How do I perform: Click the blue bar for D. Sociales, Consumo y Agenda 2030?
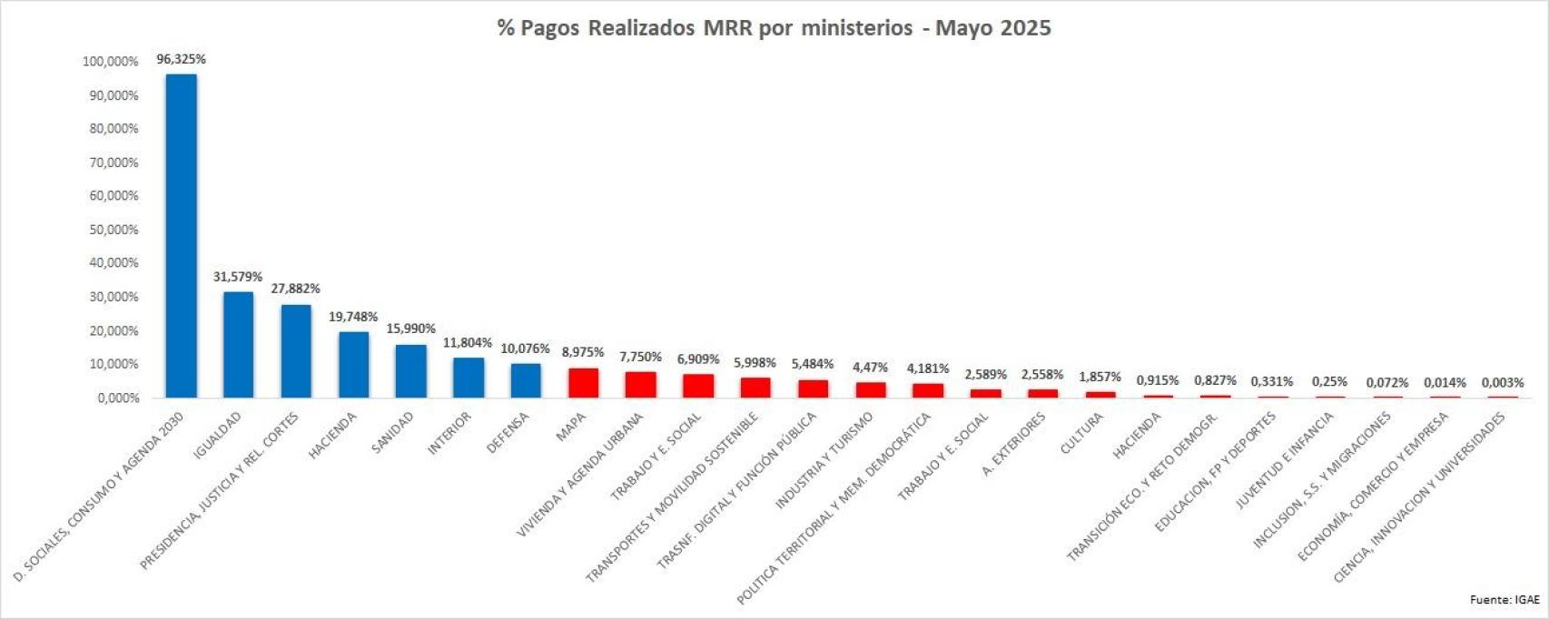tap(181, 236)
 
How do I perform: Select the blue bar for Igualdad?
tap(239, 345)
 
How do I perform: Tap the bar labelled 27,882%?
tap(296, 351)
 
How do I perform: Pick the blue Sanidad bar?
tap(410, 371)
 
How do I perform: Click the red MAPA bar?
tap(583, 383)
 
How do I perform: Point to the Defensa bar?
tap(526, 381)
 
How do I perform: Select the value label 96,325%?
tap(182, 59)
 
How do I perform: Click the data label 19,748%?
tap(353, 317)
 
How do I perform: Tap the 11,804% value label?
tap(468, 343)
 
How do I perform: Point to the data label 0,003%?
tap(1503, 383)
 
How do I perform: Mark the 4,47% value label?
tap(870, 368)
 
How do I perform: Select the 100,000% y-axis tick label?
tap(111, 62)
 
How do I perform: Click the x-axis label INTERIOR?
tap(449, 434)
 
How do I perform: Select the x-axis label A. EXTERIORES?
tap(1014, 444)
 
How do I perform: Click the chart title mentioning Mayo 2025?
tap(774, 28)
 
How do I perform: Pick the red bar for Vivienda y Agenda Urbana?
tap(640, 385)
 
